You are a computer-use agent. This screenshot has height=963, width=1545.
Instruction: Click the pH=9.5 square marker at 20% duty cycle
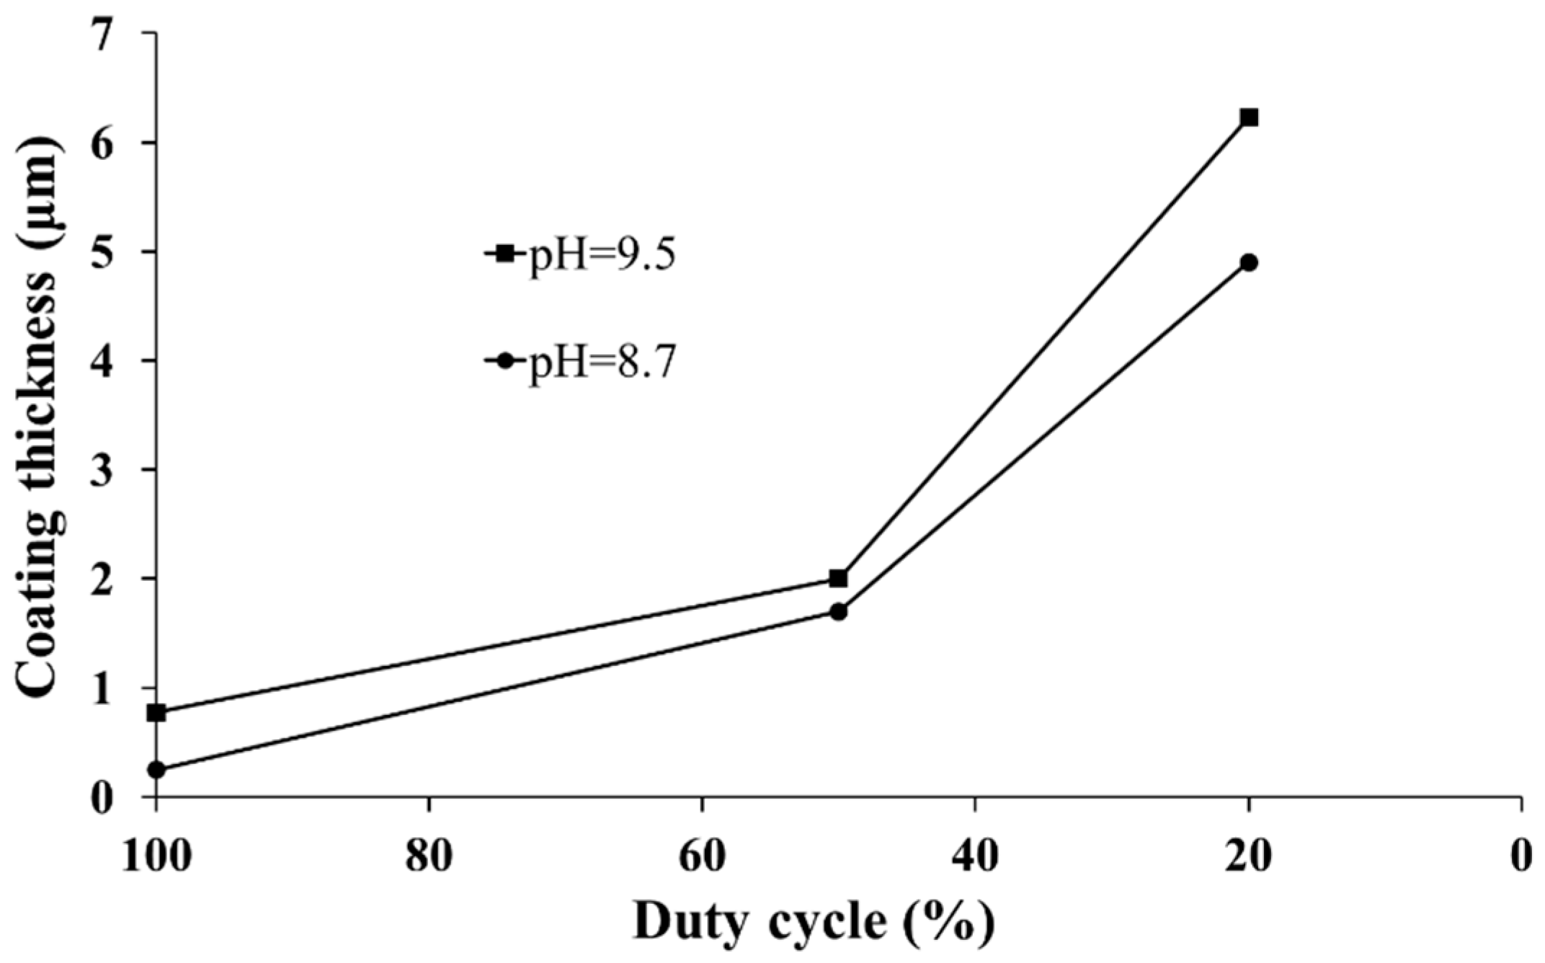1249,117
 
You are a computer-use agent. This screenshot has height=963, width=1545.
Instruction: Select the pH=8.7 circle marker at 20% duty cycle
1249,262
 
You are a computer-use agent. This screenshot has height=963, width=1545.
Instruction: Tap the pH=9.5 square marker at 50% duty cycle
838,578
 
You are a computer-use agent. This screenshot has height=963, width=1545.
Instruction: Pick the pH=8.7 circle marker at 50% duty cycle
838,612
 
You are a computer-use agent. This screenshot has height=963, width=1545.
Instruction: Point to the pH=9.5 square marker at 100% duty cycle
156,713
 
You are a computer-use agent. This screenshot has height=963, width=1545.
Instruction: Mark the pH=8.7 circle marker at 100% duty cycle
156,770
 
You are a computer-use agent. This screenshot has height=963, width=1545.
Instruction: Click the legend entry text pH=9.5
602,255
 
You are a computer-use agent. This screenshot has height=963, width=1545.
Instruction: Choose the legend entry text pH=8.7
602,362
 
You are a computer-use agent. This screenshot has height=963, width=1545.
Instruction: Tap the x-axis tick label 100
156,857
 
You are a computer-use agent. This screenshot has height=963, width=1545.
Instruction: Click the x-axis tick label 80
429,857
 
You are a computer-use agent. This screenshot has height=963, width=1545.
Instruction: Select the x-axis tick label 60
703,857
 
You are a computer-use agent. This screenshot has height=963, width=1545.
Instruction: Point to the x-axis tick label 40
975,857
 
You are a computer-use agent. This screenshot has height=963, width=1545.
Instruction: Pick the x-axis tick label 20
1249,857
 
